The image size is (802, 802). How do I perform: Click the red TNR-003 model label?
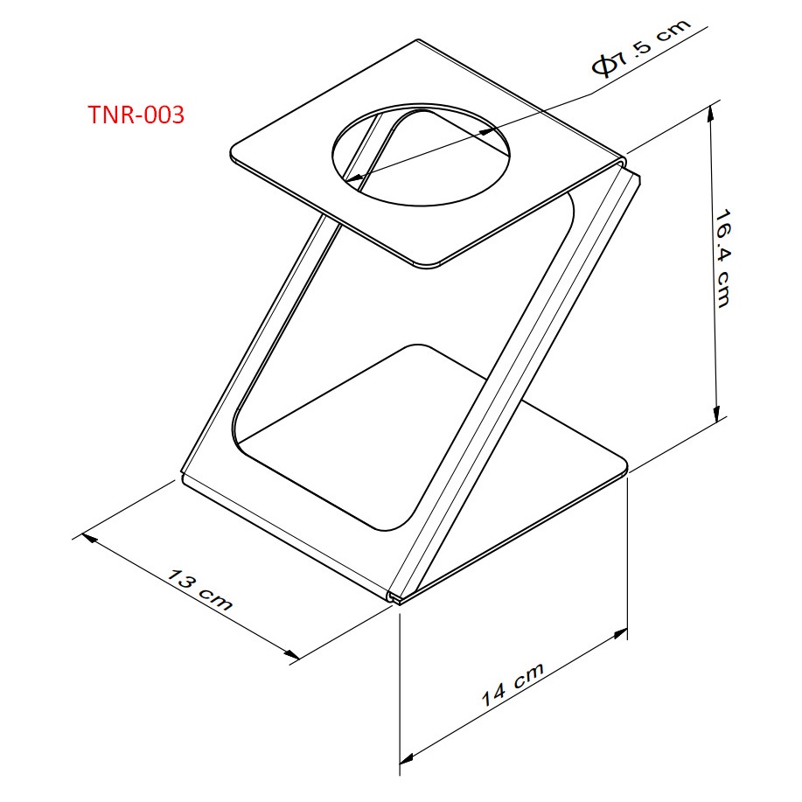coord(136,115)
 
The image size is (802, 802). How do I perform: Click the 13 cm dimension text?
coord(200,589)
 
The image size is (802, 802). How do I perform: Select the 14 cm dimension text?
coord(513,684)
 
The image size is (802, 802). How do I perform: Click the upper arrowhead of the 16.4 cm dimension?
coord(710,115)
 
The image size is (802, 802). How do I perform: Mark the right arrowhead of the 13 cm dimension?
coord(291,654)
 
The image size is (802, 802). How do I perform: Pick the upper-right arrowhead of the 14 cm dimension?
coord(620,635)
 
